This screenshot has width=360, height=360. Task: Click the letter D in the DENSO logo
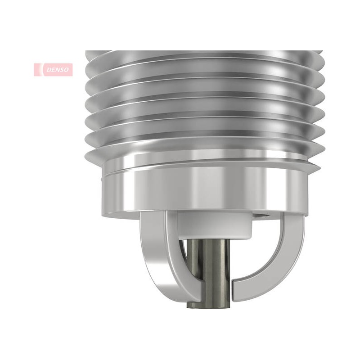point(49,70)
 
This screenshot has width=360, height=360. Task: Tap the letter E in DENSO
point(54,70)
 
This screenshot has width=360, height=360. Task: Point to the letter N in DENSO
point(58,70)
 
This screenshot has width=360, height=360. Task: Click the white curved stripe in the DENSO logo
point(41,70)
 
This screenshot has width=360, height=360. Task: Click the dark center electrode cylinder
point(208,273)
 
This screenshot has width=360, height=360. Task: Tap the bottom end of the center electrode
point(208,306)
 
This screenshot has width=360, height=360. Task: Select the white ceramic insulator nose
point(215,225)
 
